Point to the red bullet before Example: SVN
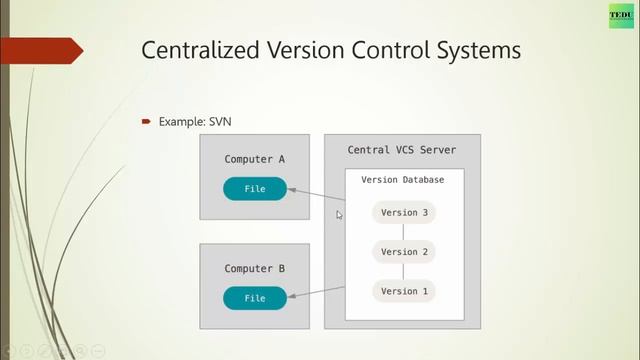coord(145,121)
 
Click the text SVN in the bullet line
coord(222,121)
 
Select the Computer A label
coord(254,159)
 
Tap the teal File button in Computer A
coord(254,188)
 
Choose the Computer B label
coord(254,269)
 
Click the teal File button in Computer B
coord(254,298)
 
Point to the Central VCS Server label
coord(401,150)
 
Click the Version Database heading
coord(403,179)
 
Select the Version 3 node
coord(404,212)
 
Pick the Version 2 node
coord(404,252)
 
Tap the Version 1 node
coord(404,291)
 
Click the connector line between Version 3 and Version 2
coord(404,232)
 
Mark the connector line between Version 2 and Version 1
coord(404,272)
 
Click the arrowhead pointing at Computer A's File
coord(293,189)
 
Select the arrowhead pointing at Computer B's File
coord(293,297)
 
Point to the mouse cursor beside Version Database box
coord(340,214)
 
